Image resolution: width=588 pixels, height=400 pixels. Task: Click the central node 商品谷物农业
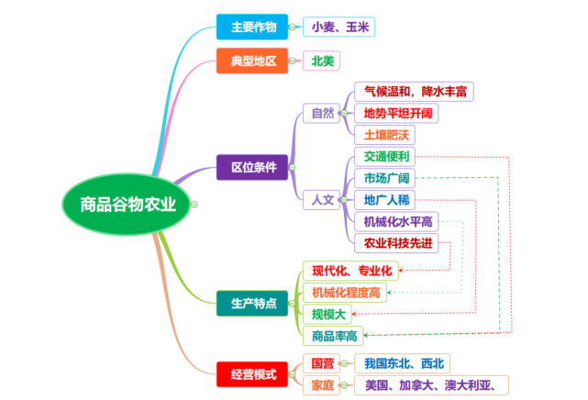(128, 203)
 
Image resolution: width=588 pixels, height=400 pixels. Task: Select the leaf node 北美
(322, 61)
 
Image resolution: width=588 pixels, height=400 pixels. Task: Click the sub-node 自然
(322, 114)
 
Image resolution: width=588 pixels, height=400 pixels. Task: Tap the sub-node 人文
(322, 198)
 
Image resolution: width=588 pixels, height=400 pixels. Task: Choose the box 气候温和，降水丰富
(415, 92)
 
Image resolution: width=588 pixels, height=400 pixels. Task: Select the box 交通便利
(387, 156)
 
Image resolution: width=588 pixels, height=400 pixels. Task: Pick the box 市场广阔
(387, 177)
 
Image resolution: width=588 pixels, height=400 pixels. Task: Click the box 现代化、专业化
(351, 270)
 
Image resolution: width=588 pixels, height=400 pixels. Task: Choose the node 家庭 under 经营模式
(322, 384)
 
